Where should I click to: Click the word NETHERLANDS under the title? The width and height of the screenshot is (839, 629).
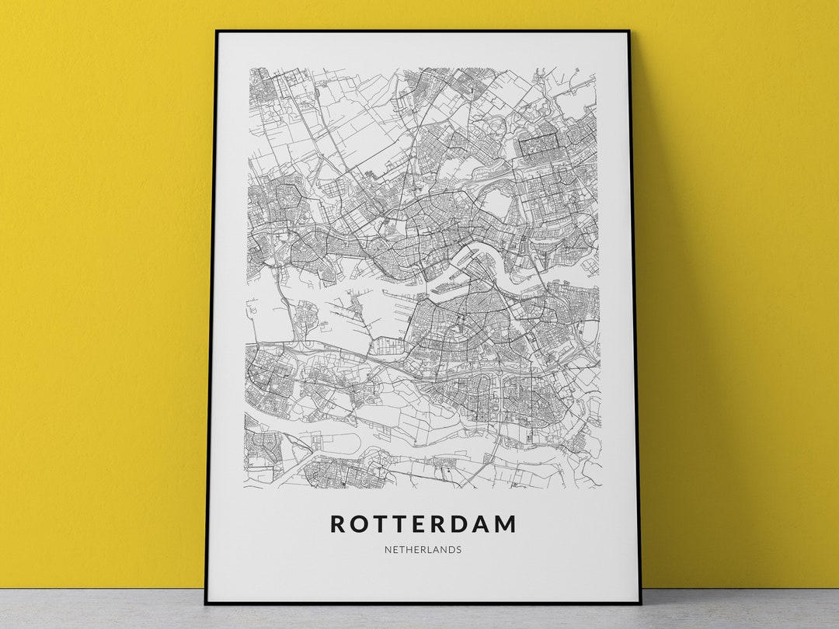[x=423, y=550]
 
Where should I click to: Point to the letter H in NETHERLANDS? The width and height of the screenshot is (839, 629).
[x=409, y=550]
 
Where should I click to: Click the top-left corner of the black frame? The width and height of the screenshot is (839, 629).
[x=218, y=32]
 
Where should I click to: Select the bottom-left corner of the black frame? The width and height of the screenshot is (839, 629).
[x=207, y=603]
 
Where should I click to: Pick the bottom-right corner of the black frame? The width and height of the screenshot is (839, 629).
[x=640, y=603]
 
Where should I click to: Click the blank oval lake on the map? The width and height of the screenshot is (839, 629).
[x=497, y=203]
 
